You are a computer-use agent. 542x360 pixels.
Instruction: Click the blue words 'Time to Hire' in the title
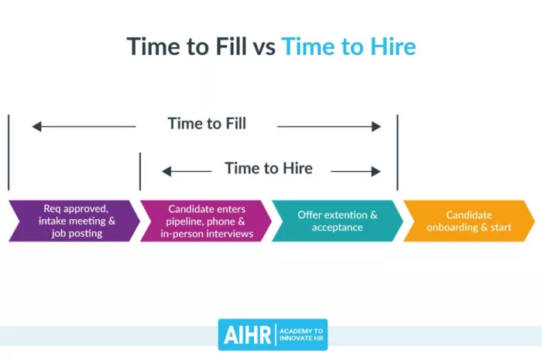tap(348, 46)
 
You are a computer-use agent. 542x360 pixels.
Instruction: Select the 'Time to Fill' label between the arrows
tap(207, 123)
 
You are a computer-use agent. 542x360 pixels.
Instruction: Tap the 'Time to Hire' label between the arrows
tap(269, 168)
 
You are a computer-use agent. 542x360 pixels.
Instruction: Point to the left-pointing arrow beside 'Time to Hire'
tap(187, 172)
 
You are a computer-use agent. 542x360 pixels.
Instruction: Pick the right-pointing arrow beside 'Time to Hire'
tap(355, 172)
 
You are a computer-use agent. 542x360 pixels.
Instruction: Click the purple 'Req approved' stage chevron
tap(74, 221)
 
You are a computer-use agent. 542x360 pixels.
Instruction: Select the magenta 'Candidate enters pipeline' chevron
tap(205, 221)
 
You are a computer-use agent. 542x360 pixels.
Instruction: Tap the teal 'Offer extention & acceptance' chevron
tap(337, 221)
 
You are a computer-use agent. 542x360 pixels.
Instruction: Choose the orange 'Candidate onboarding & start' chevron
tap(468, 221)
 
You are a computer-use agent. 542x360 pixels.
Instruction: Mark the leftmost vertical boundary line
tap(9, 152)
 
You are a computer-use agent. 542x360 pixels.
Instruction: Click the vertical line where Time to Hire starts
tap(140, 170)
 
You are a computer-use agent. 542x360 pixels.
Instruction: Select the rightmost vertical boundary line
tap(397, 152)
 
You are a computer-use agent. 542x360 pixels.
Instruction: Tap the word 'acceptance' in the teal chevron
tap(338, 227)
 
